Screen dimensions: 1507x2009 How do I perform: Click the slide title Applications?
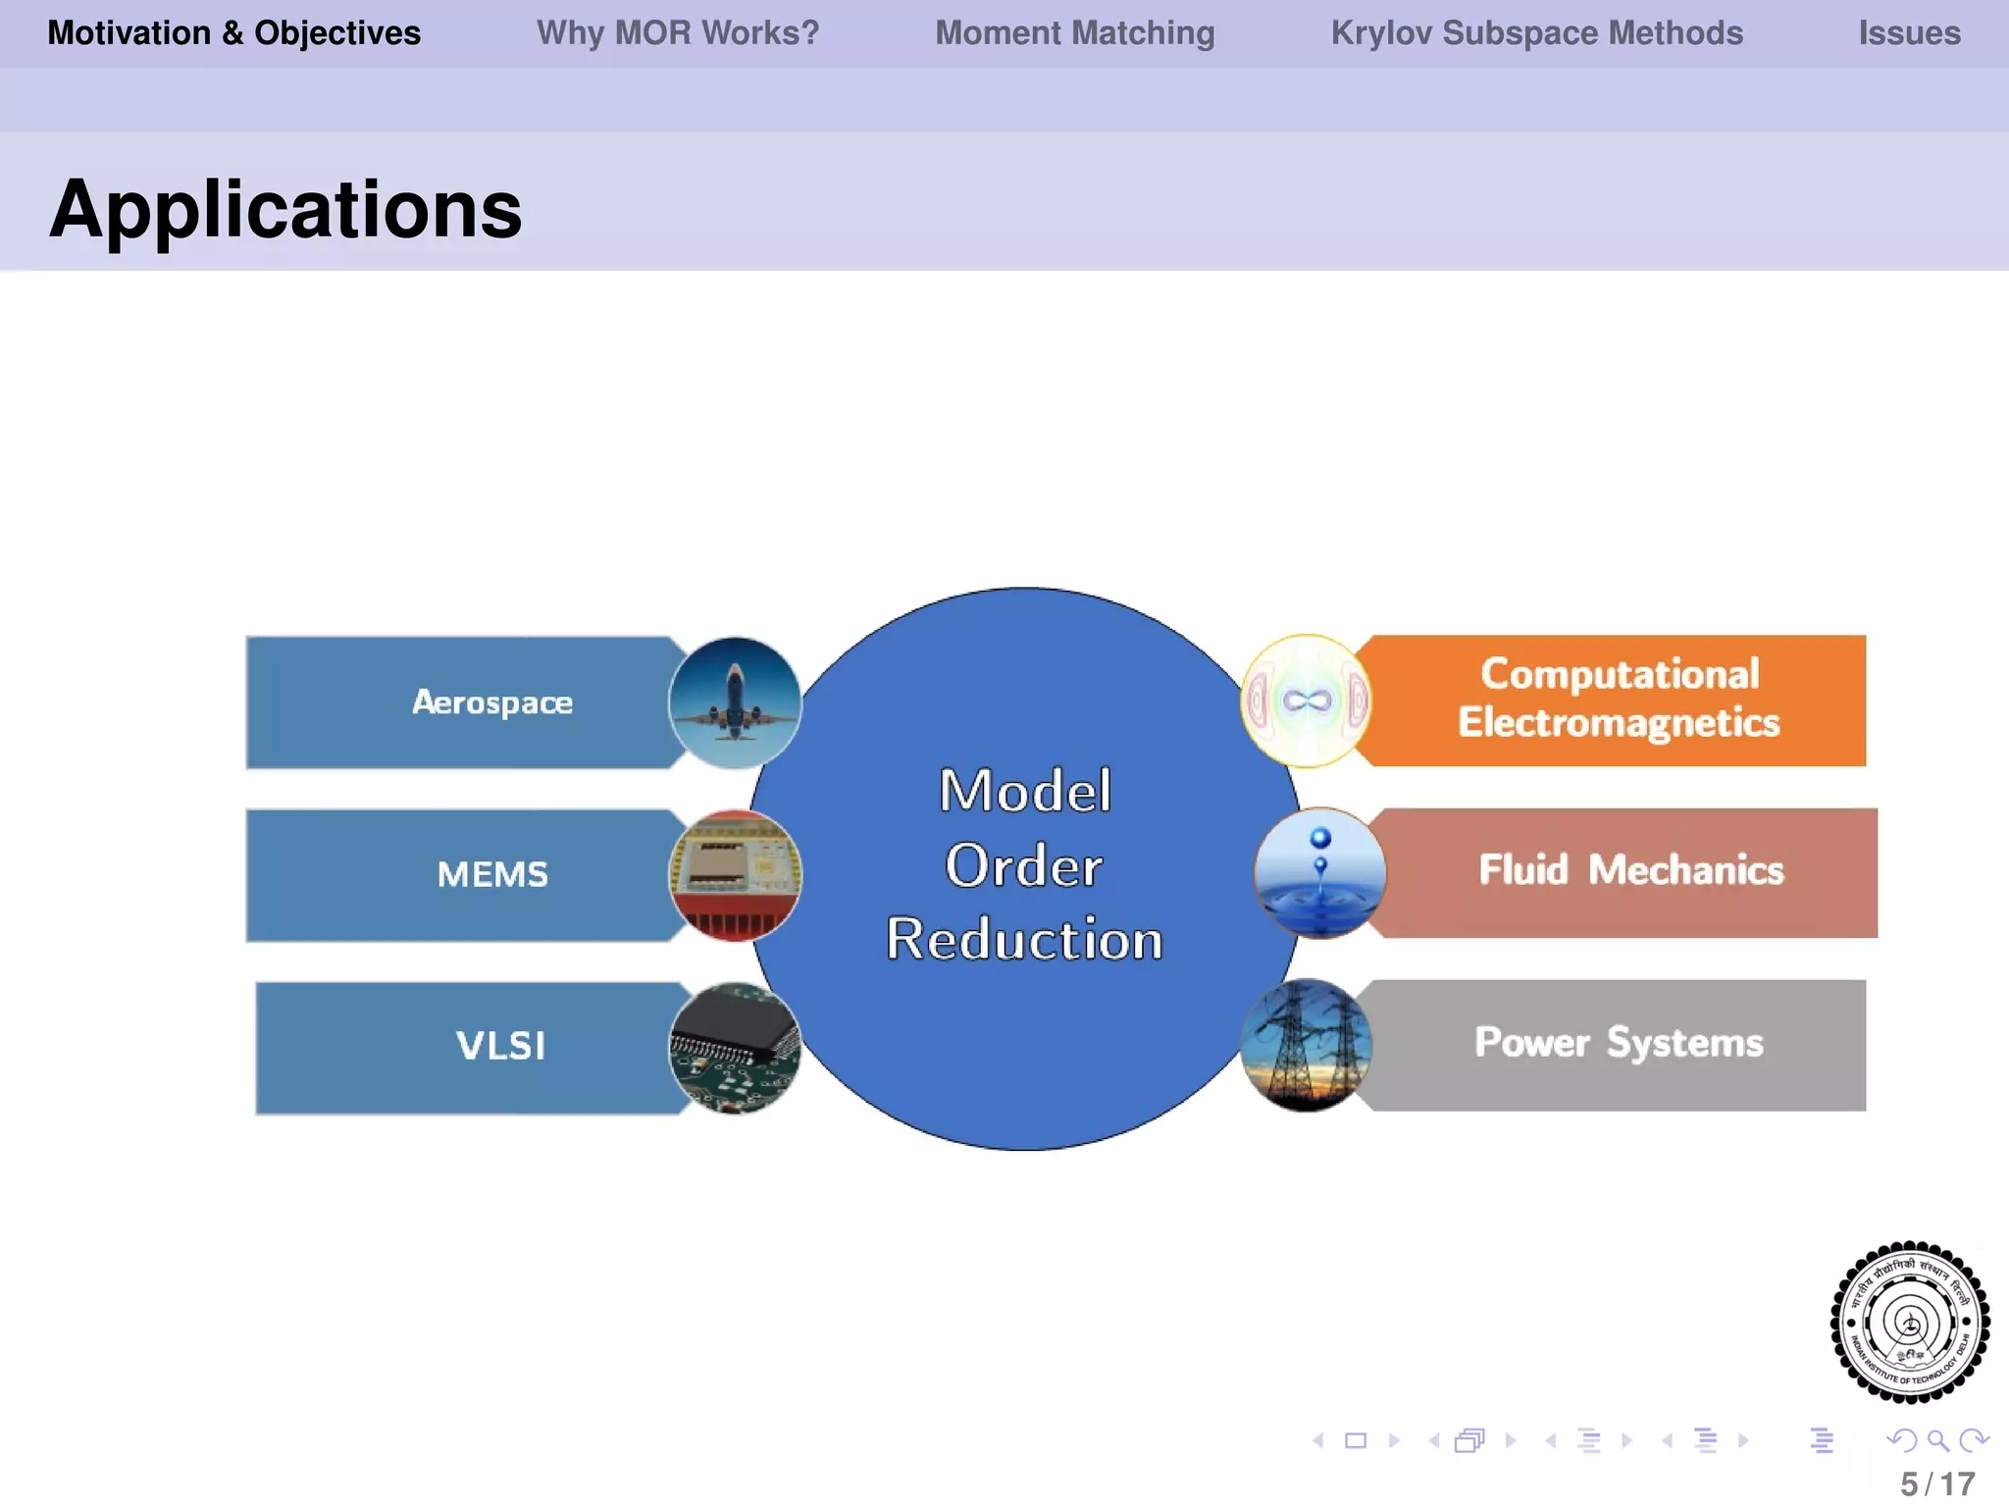click(x=285, y=210)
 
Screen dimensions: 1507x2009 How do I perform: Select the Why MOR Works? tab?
click(x=677, y=33)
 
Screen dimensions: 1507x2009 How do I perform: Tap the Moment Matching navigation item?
click(x=1074, y=33)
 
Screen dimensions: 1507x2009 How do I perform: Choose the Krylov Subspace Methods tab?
click(x=1536, y=33)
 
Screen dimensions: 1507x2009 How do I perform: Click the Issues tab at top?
click(x=1909, y=33)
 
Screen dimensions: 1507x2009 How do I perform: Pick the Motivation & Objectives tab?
click(x=234, y=33)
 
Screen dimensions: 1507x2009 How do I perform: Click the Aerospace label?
click(x=492, y=702)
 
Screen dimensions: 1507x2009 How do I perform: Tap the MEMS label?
click(x=492, y=874)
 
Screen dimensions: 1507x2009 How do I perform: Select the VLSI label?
click(x=500, y=1046)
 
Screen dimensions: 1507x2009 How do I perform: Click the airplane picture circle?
click(x=735, y=702)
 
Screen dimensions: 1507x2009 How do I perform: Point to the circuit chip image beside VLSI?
click(x=735, y=1048)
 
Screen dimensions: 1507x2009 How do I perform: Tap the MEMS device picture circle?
click(x=735, y=875)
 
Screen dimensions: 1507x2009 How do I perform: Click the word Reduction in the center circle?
click(x=1024, y=940)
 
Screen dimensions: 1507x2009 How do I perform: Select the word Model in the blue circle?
click(x=1024, y=791)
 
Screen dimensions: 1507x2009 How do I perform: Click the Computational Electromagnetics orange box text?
click(x=1619, y=699)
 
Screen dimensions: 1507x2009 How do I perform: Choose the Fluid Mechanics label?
click(x=1630, y=870)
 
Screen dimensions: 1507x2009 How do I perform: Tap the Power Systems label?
click(x=1619, y=1043)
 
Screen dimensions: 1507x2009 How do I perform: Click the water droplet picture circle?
click(x=1319, y=873)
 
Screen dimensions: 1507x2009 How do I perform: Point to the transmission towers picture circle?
click(x=1306, y=1045)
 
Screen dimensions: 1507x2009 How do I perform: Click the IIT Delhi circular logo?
click(x=1909, y=1322)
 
